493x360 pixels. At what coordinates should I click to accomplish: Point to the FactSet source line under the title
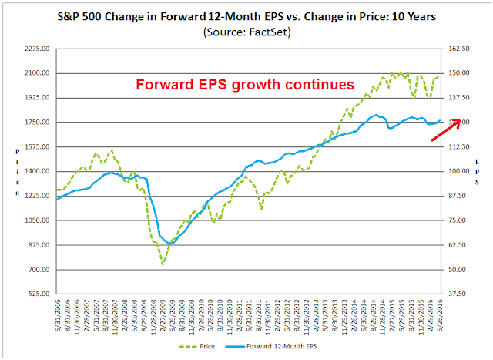click(246, 32)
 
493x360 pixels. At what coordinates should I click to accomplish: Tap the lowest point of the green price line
click(163, 264)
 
